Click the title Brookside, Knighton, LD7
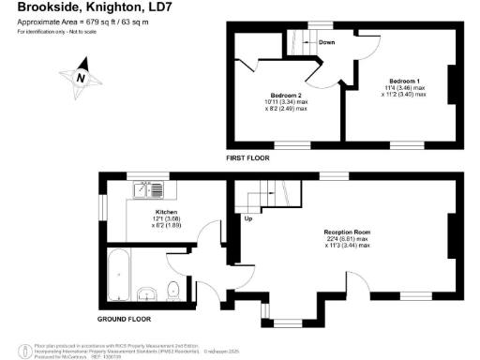tap(74, 7)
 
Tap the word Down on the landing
tap(327, 42)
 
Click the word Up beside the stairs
tap(248, 219)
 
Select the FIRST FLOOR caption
tap(247, 158)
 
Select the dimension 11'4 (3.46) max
tap(405, 91)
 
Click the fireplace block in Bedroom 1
tap(451, 84)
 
